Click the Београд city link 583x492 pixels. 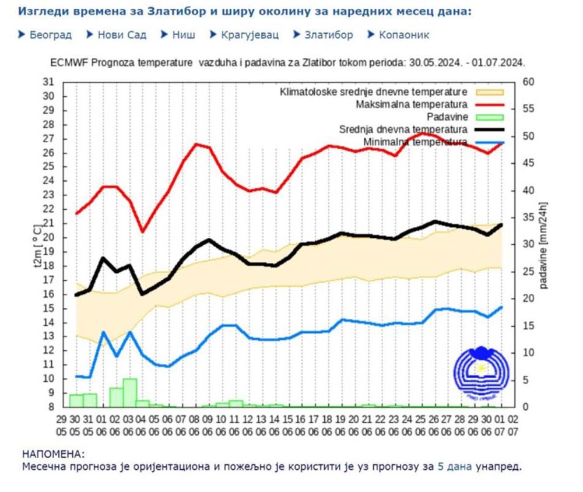point(50,35)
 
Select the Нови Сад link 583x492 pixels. point(121,35)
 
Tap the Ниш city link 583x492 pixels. point(184,35)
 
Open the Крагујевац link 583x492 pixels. point(250,35)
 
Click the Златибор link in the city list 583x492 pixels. point(328,35)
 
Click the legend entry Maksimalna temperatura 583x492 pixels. point(411,105)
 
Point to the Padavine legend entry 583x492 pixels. point(449,117)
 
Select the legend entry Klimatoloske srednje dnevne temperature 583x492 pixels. point(374,92)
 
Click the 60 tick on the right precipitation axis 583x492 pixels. point(528,82)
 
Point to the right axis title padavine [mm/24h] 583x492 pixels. point(544,245)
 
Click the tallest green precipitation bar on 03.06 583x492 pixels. point(130,392)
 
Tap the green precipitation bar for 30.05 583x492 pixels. point(76,400)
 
